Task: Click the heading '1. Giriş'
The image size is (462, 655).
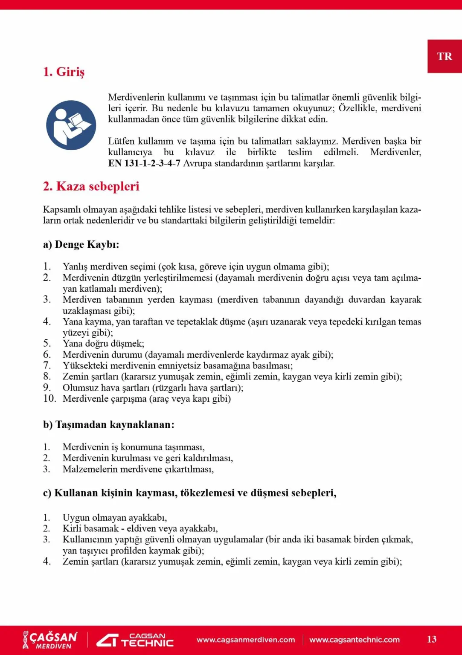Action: [64, 72]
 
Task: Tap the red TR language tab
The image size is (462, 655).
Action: [444, 56]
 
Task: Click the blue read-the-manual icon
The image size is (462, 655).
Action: [71, 125]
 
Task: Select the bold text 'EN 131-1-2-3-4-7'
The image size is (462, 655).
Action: [144, 163]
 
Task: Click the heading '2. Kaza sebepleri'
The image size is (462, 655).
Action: [91, 186]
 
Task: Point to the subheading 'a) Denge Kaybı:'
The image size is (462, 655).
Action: [81, 244]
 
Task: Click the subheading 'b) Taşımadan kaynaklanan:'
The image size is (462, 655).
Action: [108, 425]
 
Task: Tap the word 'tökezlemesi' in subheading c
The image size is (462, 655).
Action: [207, 493]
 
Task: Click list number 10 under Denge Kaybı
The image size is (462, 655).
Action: [49, 398]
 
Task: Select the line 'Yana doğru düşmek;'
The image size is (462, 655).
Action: [103, 343]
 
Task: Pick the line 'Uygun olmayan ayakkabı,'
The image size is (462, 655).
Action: [115, 517]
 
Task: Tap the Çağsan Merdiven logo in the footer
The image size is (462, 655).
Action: [50, 640]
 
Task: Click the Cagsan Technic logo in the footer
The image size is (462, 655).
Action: [135, 640]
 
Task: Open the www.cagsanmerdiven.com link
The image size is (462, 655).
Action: [246, 640]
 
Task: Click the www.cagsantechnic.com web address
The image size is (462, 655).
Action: [354, 640]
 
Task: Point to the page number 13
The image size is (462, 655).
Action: [431, 639]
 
